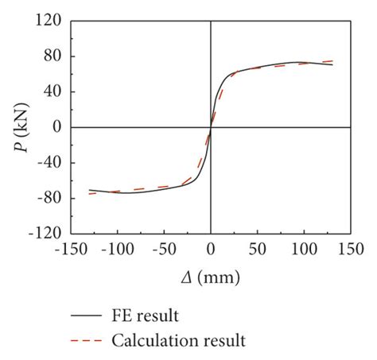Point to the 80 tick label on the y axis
(x=51, y=56)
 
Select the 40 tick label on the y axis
(x=51, y=91)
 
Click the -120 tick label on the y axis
(x=44, y=234)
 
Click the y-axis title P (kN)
(x=17, y=127)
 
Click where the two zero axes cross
(x=211, y=127)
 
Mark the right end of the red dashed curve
(x=332, y=60)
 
